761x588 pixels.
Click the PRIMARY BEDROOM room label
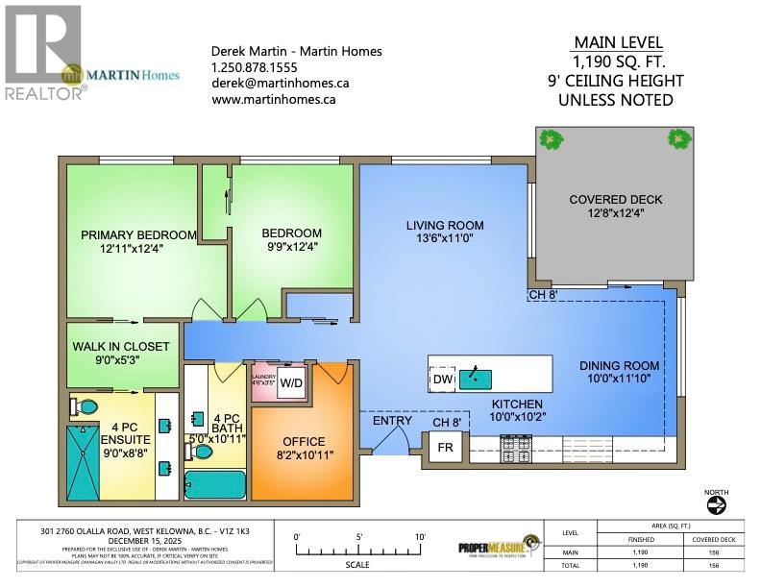click(138, 234)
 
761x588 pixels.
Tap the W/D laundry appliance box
click(291, 381)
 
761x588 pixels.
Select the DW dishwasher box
click(443, 380)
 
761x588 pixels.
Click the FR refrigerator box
click(445, 448)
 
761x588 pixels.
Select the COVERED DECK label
click(615, 200)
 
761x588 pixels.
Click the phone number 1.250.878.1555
click(254, 67)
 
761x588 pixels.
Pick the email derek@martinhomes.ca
click(280, 83)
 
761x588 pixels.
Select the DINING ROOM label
click(619, 365)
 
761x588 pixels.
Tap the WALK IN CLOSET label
click(121, 346)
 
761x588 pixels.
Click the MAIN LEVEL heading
click(616, 42)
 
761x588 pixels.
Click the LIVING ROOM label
click(444, 226)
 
